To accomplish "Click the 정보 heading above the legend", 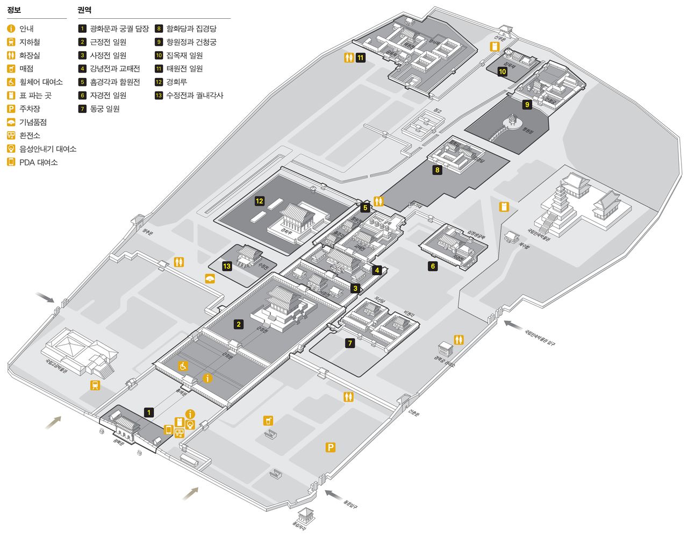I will coord(14,10).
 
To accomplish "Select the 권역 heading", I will coord(84,10).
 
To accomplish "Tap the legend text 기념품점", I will coord(33,122).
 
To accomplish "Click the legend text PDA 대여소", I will coord(38,162).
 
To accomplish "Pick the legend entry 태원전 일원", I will coord(184,69).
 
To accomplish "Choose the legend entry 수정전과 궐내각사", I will coord(195,96).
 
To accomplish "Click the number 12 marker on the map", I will coord(260,201).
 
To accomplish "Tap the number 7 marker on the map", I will coord(350,343).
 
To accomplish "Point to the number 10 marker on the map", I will coord(503,71).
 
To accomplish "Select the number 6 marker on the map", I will coord(433,266).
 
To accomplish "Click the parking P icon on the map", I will coord(331,447).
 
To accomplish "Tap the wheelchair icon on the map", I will coord(183,366).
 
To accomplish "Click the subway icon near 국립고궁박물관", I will coord(95,385).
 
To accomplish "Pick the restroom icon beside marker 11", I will coord(349,57).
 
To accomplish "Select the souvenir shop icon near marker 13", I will coord(210,278).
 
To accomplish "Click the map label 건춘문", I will coord(413,413).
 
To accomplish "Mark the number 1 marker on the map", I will coord(149,412).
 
